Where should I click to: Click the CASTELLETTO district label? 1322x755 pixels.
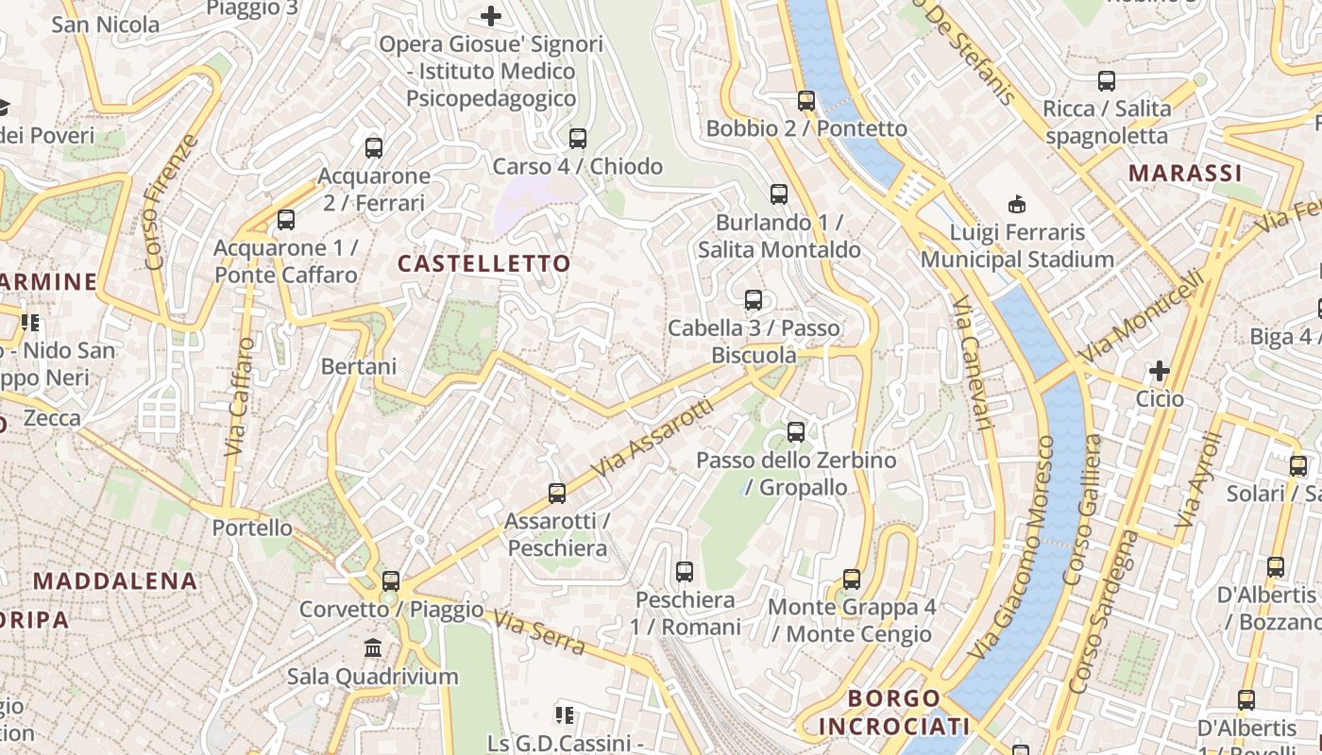pyautogui.click(x=484, y=263)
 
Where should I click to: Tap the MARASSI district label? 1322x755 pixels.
pyautogui.click(x=1185, y=174)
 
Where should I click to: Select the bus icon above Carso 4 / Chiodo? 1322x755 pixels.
pyautogui.click(x=578, y=139)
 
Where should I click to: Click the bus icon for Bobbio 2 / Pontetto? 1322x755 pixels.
pyautogui.click(x=805, y=101)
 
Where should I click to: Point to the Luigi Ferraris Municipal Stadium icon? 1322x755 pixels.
pyautogui.click(x=1017, y=204)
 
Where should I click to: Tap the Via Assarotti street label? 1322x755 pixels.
pyautogui.click(x=653, y=437)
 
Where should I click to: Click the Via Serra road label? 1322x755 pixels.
pyautogui.click(x=539, y=632)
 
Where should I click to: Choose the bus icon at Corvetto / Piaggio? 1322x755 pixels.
pyautogui.click(x=391, y=581)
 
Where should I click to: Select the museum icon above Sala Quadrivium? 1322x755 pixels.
pyautogui.click(x=373, y=648)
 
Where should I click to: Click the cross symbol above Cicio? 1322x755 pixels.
pyautogui.click(x=1160, y=371)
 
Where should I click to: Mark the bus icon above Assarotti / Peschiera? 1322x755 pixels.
pyautogui.click(x=557, y=494)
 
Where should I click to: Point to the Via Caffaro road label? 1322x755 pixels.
pyautogui.click(x=240, y=397)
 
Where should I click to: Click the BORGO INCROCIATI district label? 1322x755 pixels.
pyautogui.click(x=894, y=713)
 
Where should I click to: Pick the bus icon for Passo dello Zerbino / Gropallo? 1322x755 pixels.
pyautogui.click(x=796, y=432)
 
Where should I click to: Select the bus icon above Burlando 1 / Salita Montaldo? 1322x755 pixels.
pyautogui.click(x=779, y=194)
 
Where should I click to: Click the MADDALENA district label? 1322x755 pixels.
pyautogui.click(x=116, y=581)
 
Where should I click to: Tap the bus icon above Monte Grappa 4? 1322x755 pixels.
pyautogui.click(x=852, y=579)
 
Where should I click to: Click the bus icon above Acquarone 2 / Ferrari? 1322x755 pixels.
pyautogui.click(x=374, y=148)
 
